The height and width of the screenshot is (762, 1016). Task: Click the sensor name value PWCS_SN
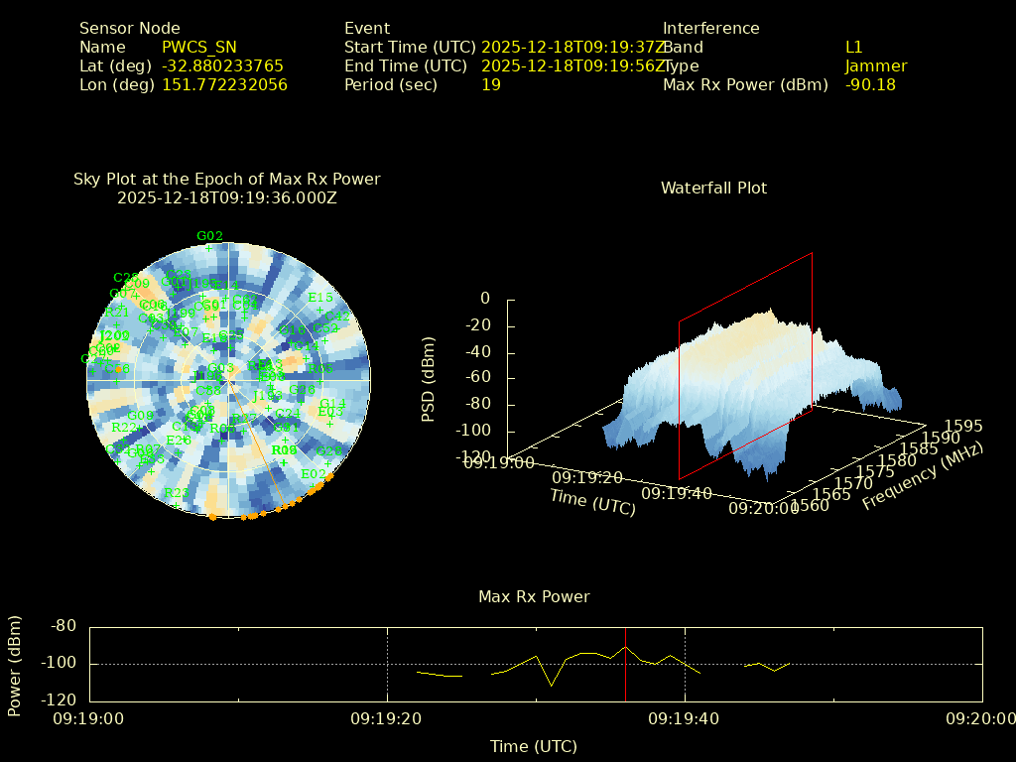coord(199,48)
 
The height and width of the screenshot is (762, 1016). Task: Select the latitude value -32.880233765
coord(222,66)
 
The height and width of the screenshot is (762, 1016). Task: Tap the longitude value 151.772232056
coord(224,85)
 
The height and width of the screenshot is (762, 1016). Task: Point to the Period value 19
coord(491,85)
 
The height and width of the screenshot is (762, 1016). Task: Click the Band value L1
coord(854,48)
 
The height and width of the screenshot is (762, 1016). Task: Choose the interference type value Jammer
coord(876,66)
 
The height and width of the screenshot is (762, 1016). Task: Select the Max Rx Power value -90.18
coord(870,85)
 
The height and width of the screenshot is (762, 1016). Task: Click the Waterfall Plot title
coord(713,189)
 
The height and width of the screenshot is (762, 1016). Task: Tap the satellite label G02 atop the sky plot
coord(209,236)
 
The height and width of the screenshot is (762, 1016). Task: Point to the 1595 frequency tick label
coord(963,426)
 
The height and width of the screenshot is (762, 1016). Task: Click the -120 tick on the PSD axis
coord(473,457)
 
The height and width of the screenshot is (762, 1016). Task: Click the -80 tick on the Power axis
coord(63,626)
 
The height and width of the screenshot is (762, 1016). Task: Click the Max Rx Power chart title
coord(534,597)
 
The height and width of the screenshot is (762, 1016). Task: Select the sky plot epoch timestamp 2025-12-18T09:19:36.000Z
coord(227,197)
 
